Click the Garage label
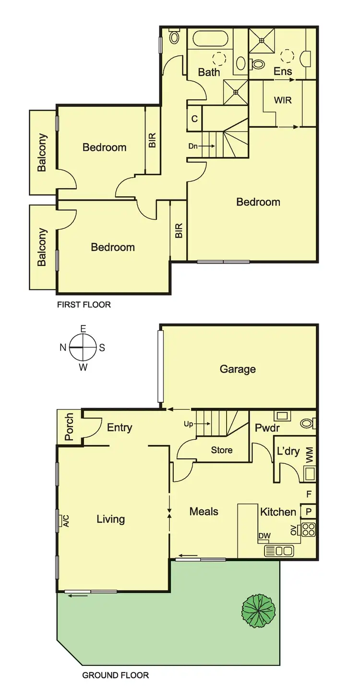pyautogui.click(x=238, y=369)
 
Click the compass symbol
pyautogui.click(x=83, y=348)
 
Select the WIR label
pyautogui.click(x=283, y=101)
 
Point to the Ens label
pyautogui.click(x=283, y=72)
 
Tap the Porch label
pyautogui.click(x=69, y=427)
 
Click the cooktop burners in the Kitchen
pyautogui.click(x=308, y=530)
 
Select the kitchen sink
pyautogui.click(x=279, y=551)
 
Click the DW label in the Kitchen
pyautogui.click(x=264, y=536)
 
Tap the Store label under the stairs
pyautogui.click(x=222, y=450)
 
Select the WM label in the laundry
pyautogui.click(x=310, y=454)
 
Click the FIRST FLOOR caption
pyautogui.click(x=84, y=304)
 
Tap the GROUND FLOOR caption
pyautogui.click(x=115, y=675)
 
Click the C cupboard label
pyautogui.click(x=194, y=119)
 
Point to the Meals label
pyautogui.click(x=204, y=511)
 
